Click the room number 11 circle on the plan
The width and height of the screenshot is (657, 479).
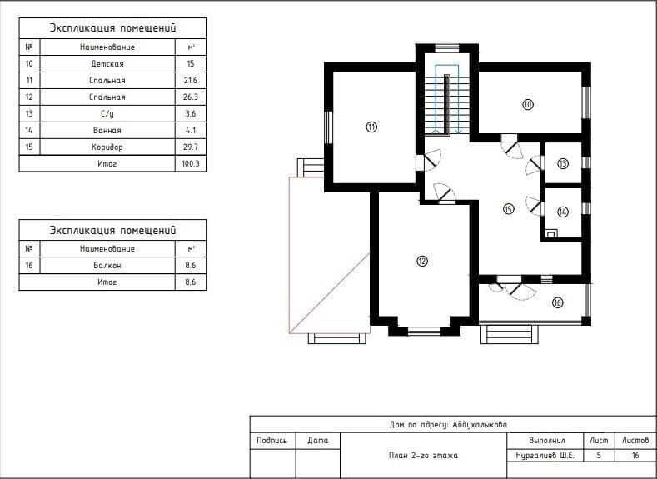(371, 127)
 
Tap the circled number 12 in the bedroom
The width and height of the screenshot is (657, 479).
(422, 261)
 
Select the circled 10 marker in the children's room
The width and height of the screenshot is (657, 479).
(528, 104)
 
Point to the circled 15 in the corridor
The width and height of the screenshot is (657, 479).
(509, 209)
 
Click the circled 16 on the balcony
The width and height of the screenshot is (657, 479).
(557, 302)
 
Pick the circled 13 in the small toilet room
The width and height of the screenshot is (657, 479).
(563, 163)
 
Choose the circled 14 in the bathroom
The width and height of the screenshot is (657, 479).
(563, 212)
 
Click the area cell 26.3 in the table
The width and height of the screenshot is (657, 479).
(190, 97)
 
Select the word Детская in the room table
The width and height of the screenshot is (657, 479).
(107, 63)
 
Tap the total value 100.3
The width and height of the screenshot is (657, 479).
(190, 163)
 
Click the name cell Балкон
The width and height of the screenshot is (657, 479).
(107, 265)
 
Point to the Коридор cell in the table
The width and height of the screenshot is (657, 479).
(107, 147)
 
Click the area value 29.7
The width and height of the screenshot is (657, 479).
(190, 147)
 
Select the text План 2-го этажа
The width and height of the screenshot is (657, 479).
(423, 456)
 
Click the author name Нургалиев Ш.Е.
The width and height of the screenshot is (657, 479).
(545, 456)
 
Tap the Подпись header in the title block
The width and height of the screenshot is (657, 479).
(272, 441)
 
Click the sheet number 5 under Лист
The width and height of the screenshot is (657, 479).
(599, 456)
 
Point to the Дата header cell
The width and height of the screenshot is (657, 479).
(317, 441)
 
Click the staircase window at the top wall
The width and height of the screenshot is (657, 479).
(447, 47)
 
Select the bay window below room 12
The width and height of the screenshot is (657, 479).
(424, 331)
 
